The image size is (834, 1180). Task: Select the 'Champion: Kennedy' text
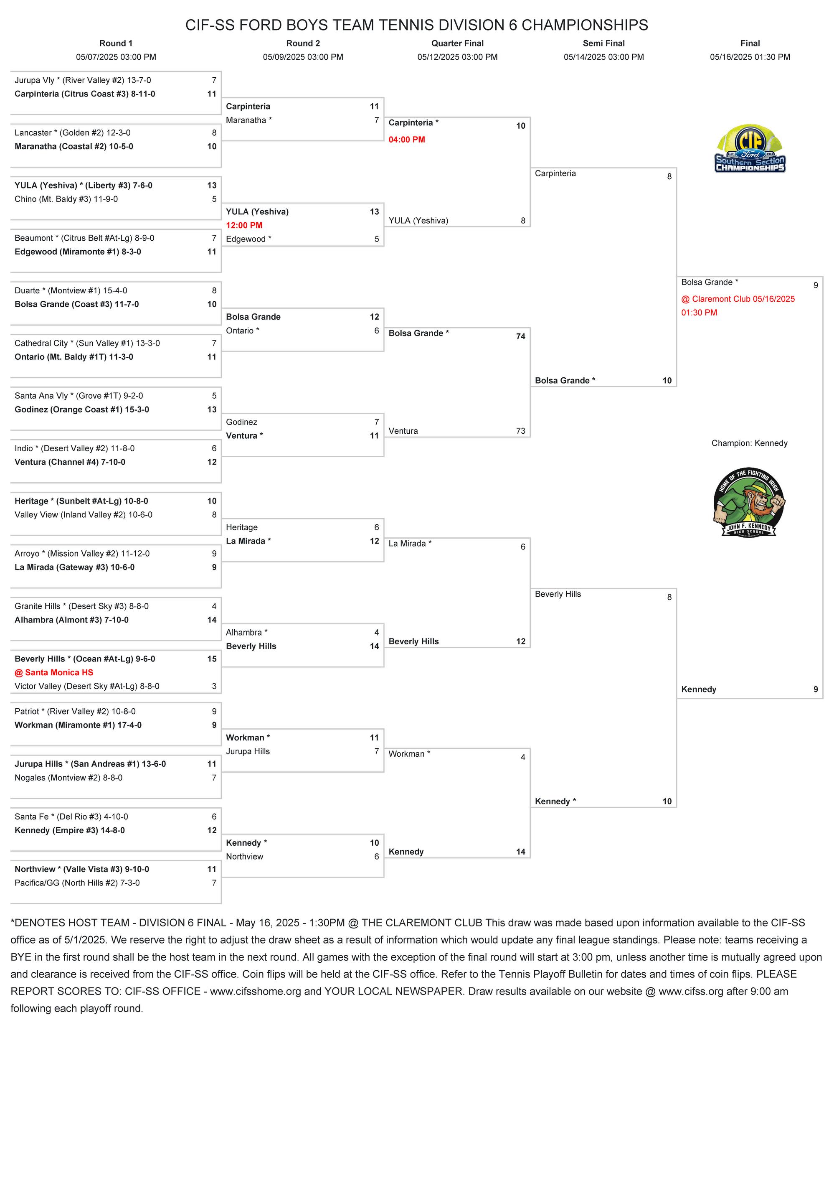749,443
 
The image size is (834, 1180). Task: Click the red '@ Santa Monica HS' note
54,672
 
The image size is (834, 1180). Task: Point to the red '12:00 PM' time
244,225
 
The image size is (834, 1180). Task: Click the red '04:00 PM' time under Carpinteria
407,139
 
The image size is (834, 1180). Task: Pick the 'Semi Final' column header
603,43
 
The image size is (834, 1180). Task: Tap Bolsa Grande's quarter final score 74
520,336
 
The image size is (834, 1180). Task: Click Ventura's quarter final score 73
520,431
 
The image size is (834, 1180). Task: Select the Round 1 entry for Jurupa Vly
83,80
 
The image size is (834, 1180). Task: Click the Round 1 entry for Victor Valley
87,686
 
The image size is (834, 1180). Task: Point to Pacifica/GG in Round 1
77,882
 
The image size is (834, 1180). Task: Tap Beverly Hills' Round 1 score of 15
212,659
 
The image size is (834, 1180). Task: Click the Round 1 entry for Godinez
82,409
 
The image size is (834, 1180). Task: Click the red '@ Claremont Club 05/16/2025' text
738,299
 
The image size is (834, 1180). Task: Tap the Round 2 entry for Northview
244,856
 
